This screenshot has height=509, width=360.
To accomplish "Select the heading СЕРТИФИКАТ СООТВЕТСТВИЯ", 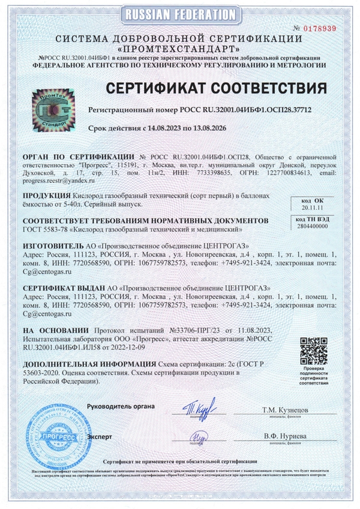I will [217, 88].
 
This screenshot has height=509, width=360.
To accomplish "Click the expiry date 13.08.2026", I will [215, 128].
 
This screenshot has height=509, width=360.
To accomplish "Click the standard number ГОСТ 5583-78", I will [45, 229].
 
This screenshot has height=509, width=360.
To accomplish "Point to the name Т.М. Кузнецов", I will [284, 409].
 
